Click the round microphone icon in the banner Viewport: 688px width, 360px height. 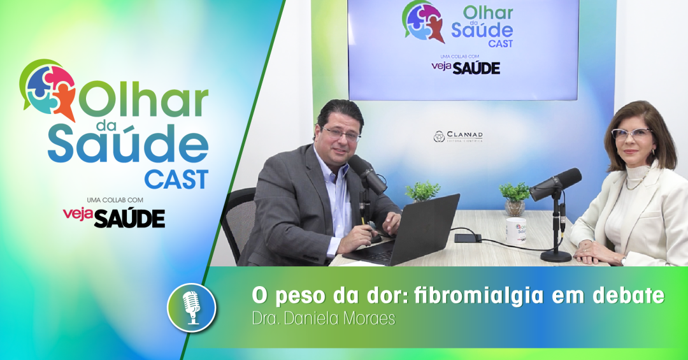[x=192, y=307]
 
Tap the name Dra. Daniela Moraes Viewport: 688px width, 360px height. [x=324, y=319]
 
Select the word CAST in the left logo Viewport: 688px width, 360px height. [x=176, y=180]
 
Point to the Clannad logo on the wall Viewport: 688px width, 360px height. [x=458, y=136]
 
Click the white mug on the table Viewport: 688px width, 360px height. [x=516, y=231]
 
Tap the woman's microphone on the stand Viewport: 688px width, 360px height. [x=555, y=184]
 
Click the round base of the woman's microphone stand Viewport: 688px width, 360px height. [x=556, y=256]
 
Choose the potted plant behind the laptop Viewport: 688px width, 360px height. [x=422, y=191]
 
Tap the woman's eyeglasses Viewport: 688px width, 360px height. [x=631, y=133]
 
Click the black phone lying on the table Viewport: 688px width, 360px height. [x=468, y=238]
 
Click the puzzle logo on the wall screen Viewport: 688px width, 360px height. [x=423, y=21]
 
